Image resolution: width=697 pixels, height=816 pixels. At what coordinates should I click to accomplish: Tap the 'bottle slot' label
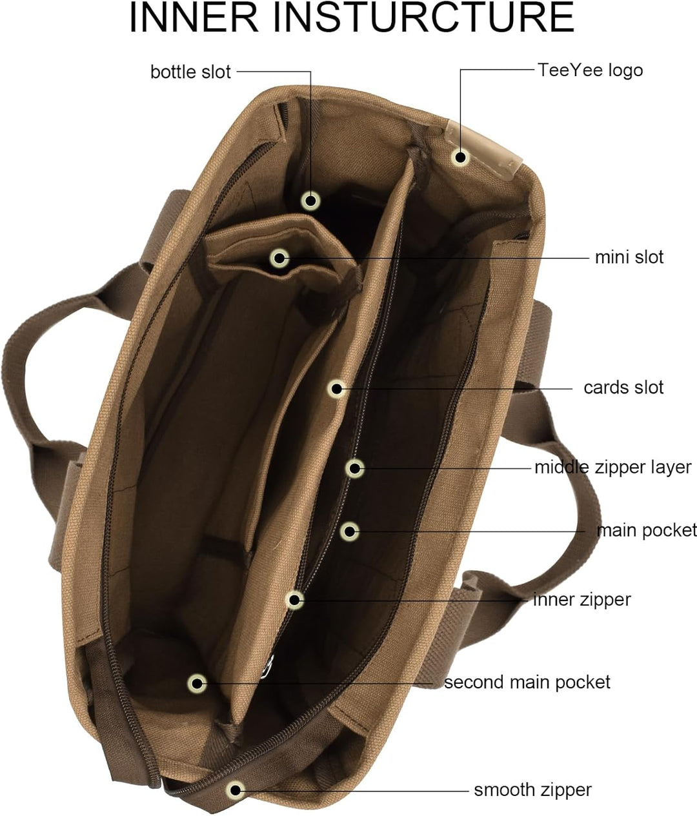[190, 72]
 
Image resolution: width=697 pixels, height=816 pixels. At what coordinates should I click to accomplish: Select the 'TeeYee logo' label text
[591, 70]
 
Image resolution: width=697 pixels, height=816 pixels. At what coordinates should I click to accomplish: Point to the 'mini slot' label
[629, 257]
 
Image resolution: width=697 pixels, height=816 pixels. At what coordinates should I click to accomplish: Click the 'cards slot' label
[623, 388]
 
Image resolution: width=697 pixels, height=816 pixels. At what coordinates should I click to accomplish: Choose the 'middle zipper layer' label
[613, 468]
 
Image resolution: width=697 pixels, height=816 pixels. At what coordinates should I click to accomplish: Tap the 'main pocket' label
[647, 531]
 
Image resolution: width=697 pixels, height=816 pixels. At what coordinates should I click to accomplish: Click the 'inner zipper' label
[582, 600]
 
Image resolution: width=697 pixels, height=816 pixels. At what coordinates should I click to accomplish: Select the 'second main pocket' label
[527, 682]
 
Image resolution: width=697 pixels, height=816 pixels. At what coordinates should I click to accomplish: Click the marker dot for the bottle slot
[311, 201]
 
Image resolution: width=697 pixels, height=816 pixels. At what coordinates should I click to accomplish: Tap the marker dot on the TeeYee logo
[460, 157]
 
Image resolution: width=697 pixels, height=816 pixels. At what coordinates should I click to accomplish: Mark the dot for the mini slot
[279, 259]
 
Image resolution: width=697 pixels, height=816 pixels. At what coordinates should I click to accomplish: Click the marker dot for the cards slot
[336, 389]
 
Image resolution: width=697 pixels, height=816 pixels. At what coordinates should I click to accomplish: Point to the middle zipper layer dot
[354, 468]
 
